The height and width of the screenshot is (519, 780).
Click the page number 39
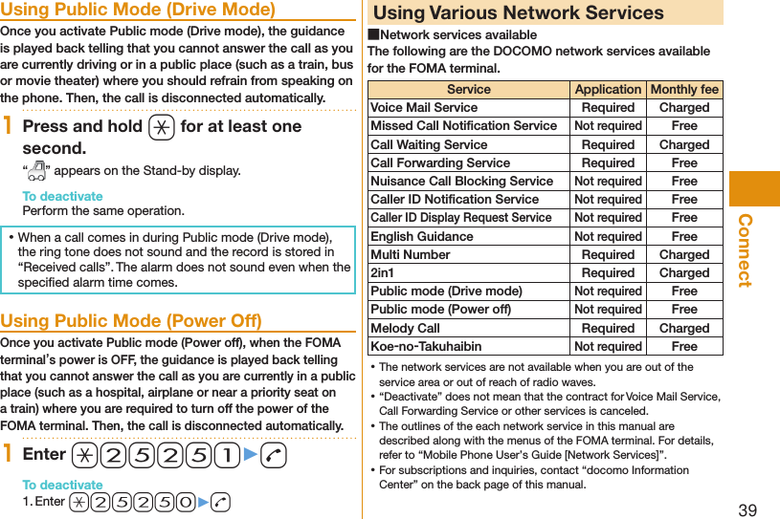pos(747,509)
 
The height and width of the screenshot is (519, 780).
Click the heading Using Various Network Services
pos(518,13)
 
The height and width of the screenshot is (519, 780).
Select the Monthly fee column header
pos(684,90)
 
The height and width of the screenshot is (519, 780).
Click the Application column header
pos(608,90)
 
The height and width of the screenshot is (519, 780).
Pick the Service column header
pos(469,90)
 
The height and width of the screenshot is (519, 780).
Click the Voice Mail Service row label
pos(424,108)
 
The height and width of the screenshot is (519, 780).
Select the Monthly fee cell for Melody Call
pos(684,328)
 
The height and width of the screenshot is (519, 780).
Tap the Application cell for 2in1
pos(608,272)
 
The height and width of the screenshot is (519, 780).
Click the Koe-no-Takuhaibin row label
pos(426,346)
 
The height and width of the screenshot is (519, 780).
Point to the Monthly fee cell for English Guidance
pos(684,236)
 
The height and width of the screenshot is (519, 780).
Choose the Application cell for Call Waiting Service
pos(608,144)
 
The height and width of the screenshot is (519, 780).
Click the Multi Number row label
pos(410,254)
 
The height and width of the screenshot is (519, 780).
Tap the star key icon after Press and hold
pos(160,127)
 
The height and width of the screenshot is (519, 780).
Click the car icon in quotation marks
pos(37,171)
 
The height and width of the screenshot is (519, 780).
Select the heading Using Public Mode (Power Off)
pos(131,321)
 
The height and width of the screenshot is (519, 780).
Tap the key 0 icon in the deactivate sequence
pos(184,502)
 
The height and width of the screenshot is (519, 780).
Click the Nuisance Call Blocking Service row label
pos(461,181)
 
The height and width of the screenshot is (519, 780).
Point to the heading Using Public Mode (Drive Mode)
pos(138,11)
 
